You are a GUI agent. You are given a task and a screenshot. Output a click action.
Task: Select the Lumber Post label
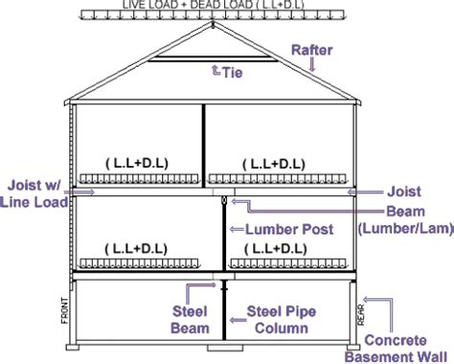[289, 230]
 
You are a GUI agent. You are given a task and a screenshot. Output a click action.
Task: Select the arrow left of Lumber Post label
[234, 230]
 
